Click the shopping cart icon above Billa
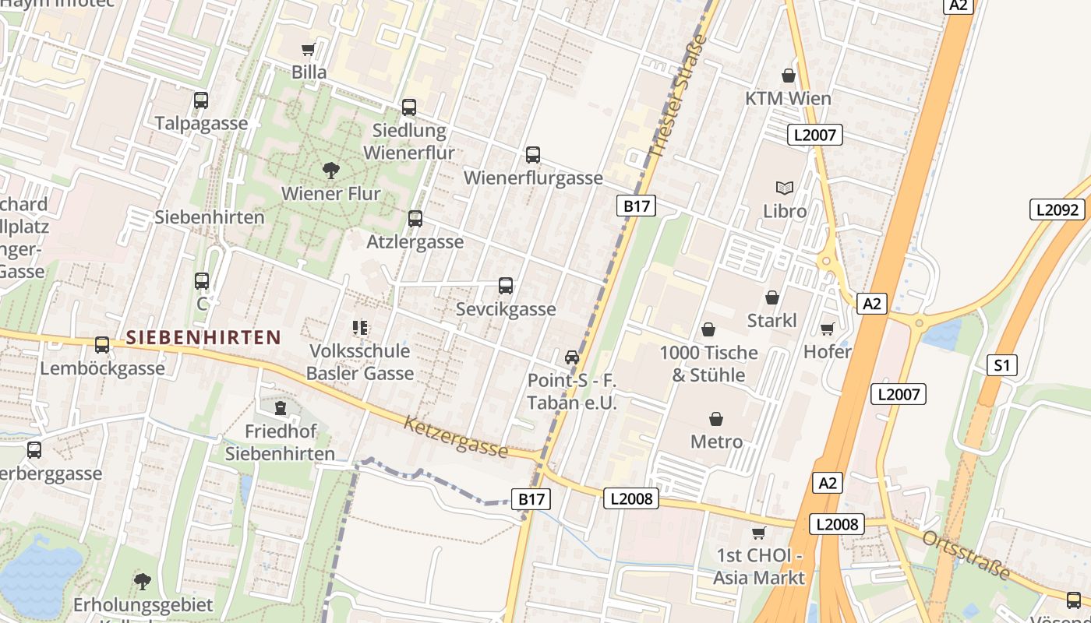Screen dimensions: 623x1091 tap(309, 50)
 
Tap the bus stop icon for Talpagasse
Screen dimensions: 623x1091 tap(201, 100)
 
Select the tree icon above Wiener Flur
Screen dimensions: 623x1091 tap(330, 171)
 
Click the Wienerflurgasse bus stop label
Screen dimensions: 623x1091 tap(533, 178)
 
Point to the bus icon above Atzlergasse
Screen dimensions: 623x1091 tap(415, 219)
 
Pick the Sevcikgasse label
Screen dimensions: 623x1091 tap(506, 309)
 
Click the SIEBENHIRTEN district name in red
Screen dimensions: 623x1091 tap(203, 337)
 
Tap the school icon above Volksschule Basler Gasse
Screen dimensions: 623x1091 tap(359, 328)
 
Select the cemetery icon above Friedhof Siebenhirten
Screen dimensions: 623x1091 tap(281, 408)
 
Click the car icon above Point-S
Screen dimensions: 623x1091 tap(572, 357)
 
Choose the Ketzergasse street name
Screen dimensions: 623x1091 tap(456, 437)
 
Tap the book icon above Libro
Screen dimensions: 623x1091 tap(785, 188)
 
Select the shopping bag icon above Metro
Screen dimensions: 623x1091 tap(716, 419)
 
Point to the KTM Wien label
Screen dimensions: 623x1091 tap(788, 99)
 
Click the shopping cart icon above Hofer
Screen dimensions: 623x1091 tap(827, 329)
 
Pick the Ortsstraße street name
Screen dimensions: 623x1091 tap(966, 556)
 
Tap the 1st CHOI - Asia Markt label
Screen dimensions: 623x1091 tap(758, 567)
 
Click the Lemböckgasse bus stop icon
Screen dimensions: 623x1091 tap(102, 345)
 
